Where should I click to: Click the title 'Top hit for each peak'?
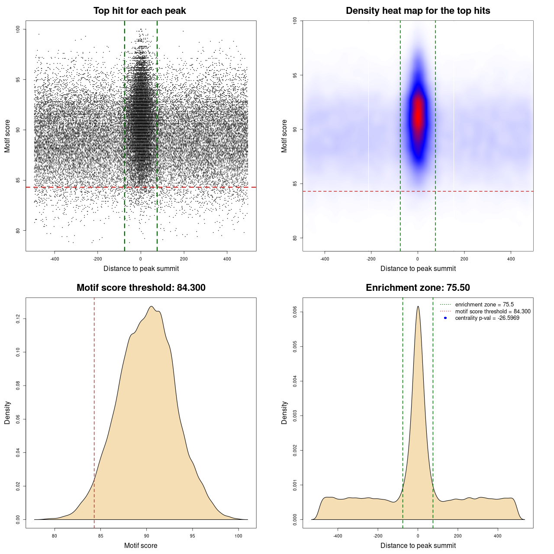tap(139, 11)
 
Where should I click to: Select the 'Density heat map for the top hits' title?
tap(418, 11)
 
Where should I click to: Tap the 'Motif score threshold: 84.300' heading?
tap(141, 288)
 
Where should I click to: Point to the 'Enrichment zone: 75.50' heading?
tap(418, 288)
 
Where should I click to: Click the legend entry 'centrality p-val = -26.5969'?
tap(487, 318)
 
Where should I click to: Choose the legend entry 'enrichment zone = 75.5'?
tap(484, 305)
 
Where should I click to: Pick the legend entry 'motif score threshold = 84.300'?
tap(493, 311)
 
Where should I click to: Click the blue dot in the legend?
tap(445, 318)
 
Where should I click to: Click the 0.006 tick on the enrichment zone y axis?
tap(295, 312)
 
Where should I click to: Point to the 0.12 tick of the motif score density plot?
tap(18, 319)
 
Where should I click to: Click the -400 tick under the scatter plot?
tap(55, 259)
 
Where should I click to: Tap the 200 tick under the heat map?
tap(464, 259)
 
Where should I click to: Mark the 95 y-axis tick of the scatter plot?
tap(18, 80)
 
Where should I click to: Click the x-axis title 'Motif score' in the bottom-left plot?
tap(141, 545)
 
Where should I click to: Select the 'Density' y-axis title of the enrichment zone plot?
tap(284, 412)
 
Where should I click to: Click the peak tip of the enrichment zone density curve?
tap(418, 306)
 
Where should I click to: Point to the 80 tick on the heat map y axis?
tap(295, 238)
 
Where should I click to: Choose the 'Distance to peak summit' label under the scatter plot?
tap(141, 268)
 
